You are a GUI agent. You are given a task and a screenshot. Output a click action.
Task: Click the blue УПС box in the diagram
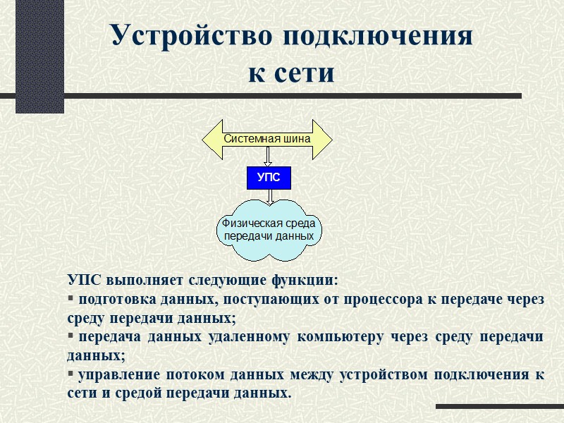coord(268,178)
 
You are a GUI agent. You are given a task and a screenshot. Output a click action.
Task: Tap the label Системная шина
coord(267,139)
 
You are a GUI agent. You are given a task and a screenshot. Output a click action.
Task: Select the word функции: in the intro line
coord(305,280)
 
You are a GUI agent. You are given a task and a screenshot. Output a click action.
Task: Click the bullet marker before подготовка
coord(70,299)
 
